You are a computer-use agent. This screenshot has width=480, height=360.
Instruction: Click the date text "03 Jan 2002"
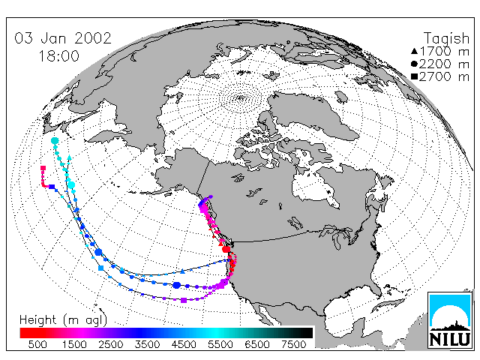tap(63, 38)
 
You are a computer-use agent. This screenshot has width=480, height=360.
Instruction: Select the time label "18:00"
tap(58, 56)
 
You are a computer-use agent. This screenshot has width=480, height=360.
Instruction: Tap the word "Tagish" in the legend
tap(447, 39)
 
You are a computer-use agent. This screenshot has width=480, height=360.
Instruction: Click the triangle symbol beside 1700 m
tap(414, 51)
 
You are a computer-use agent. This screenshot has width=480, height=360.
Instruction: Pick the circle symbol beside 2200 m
tap(414, 64)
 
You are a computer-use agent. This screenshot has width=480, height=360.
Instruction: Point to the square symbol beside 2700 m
tap(414, 76)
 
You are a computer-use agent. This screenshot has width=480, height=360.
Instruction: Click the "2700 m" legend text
tap(444, 76)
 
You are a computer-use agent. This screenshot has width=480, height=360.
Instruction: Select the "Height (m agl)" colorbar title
tap(63, 320)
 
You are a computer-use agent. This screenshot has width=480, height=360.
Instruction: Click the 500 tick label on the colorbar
tap(37, 344)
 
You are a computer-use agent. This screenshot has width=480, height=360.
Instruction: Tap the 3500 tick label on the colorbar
tap(147, 344)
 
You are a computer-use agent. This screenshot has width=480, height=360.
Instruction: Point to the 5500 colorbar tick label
tap(220, 344)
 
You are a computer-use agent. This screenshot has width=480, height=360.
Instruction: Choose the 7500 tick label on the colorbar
tap(293, 344)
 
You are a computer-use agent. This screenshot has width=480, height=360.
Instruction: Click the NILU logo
tap(450, 320)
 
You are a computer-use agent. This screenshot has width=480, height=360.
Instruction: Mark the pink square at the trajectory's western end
tap(43, 168)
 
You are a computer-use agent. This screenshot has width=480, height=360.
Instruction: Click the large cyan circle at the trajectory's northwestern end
tap(55, 141)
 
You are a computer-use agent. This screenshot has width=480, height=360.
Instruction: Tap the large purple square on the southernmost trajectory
tap(184, 300)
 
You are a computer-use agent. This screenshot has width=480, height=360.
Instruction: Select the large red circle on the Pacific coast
tap(226, 249)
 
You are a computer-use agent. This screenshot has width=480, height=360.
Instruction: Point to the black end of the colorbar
tap(306, 333)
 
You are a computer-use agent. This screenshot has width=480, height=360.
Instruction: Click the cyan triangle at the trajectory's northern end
tap(69, 157)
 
